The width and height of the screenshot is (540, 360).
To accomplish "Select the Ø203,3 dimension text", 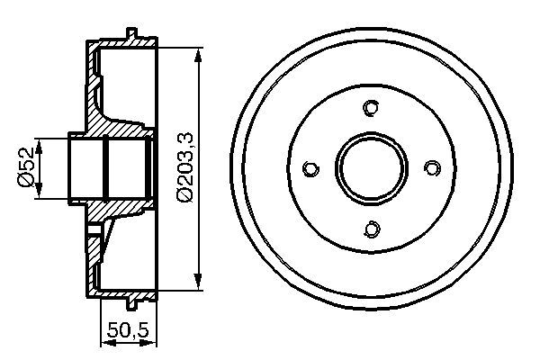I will coord(184,167).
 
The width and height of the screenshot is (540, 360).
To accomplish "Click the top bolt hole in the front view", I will coord(371,108).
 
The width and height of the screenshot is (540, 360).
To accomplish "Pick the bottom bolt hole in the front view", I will coord(371,229).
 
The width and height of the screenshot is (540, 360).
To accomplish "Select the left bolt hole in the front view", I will coord(310,168).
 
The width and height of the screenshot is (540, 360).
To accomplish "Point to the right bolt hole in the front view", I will coord(431,168).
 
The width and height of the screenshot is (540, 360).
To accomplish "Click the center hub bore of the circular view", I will coord(371,168).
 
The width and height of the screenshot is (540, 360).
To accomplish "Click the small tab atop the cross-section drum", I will coord(131,35).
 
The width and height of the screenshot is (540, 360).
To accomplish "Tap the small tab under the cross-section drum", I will coord(131,301).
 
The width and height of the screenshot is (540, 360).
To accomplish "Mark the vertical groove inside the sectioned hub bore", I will coord(106,167).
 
